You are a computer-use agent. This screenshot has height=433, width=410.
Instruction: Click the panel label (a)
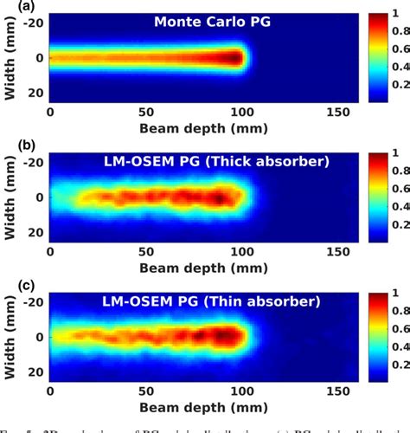(15, 7)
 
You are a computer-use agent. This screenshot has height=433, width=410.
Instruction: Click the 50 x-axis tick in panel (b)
(146, 250)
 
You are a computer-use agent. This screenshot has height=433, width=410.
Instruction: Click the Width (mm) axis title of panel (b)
(10, 197)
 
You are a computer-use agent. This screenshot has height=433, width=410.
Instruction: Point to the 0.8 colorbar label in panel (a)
(399, 32)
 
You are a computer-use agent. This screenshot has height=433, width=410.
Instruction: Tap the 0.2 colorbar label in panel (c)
(399, 365)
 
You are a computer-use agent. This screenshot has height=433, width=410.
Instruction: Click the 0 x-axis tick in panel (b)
(50, 250)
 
